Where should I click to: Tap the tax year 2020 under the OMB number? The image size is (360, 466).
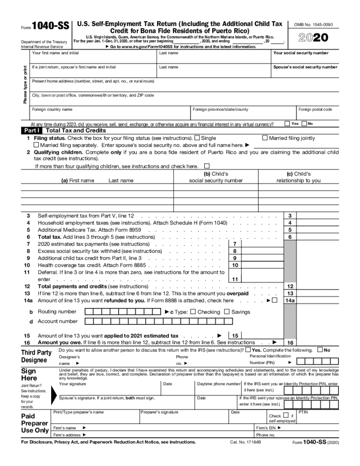(x=313, y=38)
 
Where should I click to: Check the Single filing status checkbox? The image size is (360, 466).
(x=197, y=138)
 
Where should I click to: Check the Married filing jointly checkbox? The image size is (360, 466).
(x=265, y=138)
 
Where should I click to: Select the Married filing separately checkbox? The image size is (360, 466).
(x=36, y=145)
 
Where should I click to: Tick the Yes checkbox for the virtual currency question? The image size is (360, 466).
(x=287, y=124)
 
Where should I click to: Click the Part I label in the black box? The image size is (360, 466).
(x=31, y=130)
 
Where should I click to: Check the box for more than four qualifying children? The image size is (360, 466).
(x=207, y=166)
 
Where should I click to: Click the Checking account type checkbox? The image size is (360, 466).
(x=193, y=312)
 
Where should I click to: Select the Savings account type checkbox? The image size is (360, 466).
(x=227, y=312)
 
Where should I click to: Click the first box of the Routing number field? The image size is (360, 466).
(x=88, y=312)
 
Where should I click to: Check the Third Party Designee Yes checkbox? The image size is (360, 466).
(x=248, y=349)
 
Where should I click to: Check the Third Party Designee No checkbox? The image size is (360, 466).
(x=320, y=349)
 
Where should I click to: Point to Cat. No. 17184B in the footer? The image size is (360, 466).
(x=243, y=442)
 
